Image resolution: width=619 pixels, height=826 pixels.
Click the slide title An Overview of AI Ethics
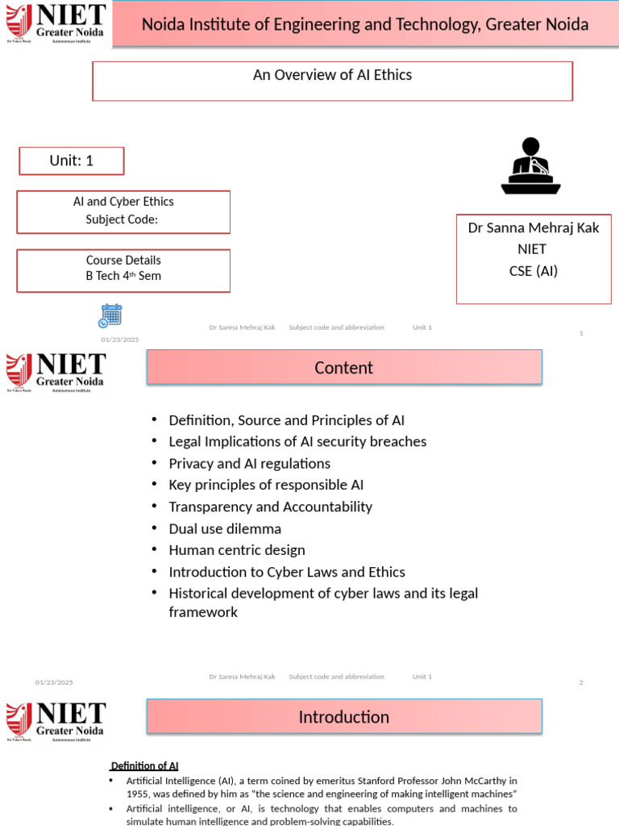[x=332, y=75]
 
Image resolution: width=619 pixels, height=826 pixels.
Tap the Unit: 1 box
[x=72, y=161]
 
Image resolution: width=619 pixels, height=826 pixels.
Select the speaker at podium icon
[x=530, y=167]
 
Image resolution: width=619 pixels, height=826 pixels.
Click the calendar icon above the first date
[x=110, y=315]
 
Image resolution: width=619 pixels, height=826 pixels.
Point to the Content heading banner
[x=344, y=368]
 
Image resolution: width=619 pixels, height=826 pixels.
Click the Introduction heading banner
[x=344, y=717]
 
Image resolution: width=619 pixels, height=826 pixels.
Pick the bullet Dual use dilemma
[x=225, y=529]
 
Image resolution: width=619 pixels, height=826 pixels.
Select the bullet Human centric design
[x=237, y=550]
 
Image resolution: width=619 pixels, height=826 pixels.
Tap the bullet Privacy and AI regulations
[x=249, y=464]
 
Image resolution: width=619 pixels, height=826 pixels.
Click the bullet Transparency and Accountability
[x=270, y=507]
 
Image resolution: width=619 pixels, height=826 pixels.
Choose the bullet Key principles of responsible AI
[x=266, y=485]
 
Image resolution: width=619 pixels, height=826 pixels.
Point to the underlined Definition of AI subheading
[x=144, y=766]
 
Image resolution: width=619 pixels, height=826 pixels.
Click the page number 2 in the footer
[x=580, y=683]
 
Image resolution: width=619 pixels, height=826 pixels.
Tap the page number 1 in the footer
[x=581, y=333]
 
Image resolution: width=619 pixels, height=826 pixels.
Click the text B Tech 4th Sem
[x=123, y=276]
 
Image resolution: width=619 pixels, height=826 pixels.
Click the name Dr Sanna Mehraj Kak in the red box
[x=534, y=227]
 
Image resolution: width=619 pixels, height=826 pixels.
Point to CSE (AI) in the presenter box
[x=534, y=271]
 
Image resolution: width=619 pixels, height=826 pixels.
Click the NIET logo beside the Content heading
[x=56, y=372]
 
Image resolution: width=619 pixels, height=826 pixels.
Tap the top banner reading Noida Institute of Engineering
[x=365, y=24]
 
